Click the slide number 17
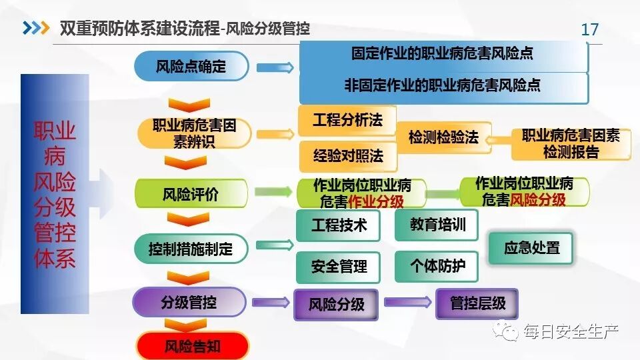point(590,29)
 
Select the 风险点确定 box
point(191,67)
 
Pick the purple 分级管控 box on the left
point(189,302)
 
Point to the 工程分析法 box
point(347,121)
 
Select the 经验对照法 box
point(348,156)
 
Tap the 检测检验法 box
point(443,138)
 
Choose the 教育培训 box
point(437,225)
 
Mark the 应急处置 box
point(531,248)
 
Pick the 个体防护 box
point(437,266)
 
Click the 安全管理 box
point(339,266)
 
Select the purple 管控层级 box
point(477,304)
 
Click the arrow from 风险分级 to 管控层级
point(407,303)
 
